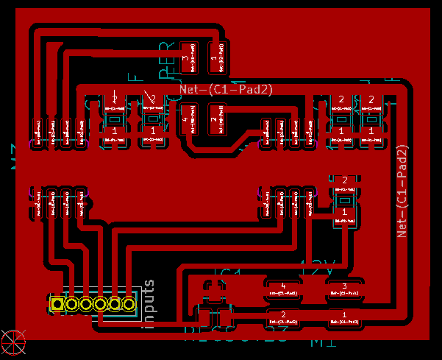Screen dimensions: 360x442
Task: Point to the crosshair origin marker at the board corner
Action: point(13,340)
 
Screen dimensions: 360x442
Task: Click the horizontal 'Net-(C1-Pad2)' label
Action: point(227,89)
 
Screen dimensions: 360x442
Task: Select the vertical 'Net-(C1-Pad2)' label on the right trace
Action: point(402,190)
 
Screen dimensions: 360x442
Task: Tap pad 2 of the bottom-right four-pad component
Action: point(284,318)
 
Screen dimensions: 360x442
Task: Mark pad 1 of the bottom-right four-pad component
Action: point(344,318)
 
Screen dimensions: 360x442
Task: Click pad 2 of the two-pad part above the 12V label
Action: point(343,184)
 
